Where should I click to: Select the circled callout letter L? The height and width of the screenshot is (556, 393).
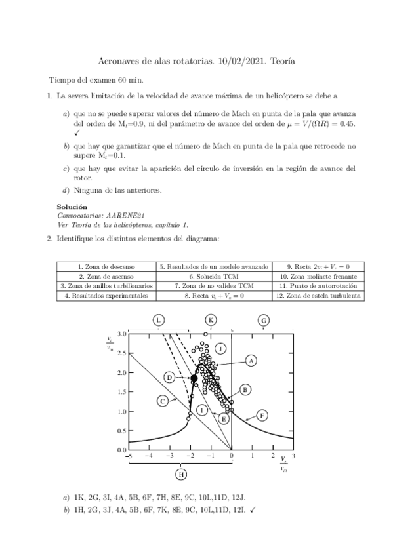point(159,319)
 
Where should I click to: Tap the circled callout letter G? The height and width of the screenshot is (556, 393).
point(264,320)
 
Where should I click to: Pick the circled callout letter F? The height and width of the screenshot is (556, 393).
point(262,415)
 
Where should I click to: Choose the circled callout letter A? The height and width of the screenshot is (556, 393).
point(251,361)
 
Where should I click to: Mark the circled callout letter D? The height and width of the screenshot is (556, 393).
point(169,378)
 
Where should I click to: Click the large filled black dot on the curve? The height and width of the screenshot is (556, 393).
point(194,378)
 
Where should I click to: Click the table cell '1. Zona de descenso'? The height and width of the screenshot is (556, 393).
point(106,267)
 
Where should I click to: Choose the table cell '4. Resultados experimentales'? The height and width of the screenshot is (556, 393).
point(106,296)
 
